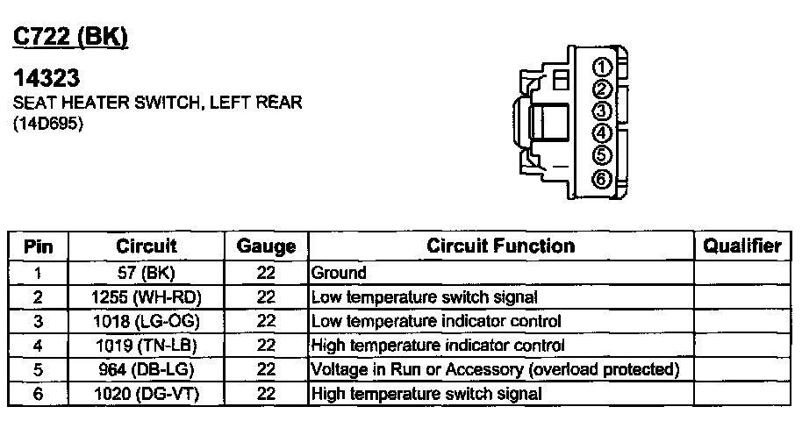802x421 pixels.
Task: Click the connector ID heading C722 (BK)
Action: pyautogui.click(x=71, y=37)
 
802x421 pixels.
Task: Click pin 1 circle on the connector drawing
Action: pyautogui.click(x=601, y=67)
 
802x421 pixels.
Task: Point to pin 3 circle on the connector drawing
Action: pyautogui.click(x=601, y=111)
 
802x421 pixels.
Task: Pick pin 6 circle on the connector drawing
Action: pyautogui.click(x=601, y=179)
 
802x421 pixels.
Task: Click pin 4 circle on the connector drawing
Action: pyautogui.click(x=601, y=134)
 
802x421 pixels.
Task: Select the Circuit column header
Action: pyautogui.click(x=147, y=246)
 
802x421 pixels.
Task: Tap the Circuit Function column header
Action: pyautogui.click(x=501, y=246)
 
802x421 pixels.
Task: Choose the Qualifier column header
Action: pyautogui.click(x=741, y=246)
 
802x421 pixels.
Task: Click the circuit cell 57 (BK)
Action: pyautogui.click(x=147, y=273)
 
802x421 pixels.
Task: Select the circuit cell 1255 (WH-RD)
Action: pyautogui.click(x=147, y=297)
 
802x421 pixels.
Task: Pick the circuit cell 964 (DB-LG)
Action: pyautogui.click(x=147, y=370)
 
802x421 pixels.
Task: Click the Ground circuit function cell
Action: pyautogui.click(x=340, y=273)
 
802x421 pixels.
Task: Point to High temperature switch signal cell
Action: pyautogui.click(x=426, y=395)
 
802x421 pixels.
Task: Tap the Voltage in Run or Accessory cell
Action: pyautogui.click(x=496, y=370)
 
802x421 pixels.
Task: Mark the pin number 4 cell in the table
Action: pyautogui.click(x=38, y=346)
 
